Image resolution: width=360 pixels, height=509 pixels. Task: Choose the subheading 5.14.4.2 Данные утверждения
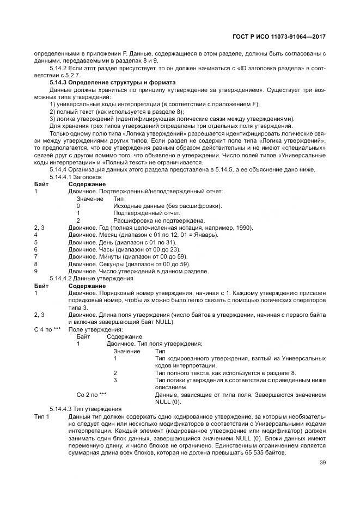click(86, 278)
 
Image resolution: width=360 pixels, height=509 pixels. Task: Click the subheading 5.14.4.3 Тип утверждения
click(85, 408)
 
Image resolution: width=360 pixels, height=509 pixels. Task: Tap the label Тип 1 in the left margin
click(41, 416)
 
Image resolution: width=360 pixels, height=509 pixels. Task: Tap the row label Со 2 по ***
click(91, 394)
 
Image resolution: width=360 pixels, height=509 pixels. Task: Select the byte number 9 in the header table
click(35, 271)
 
